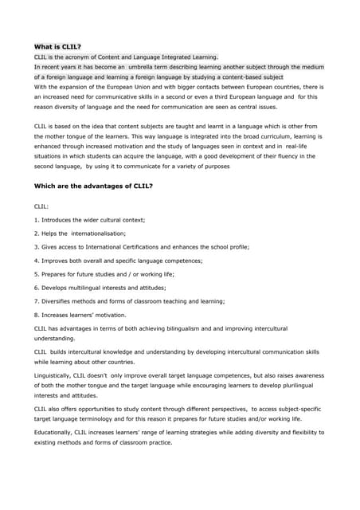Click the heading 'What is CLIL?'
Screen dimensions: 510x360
[59, 47]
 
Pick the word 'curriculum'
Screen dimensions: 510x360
[270, 135]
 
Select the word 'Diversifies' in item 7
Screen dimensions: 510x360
[61, 300]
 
